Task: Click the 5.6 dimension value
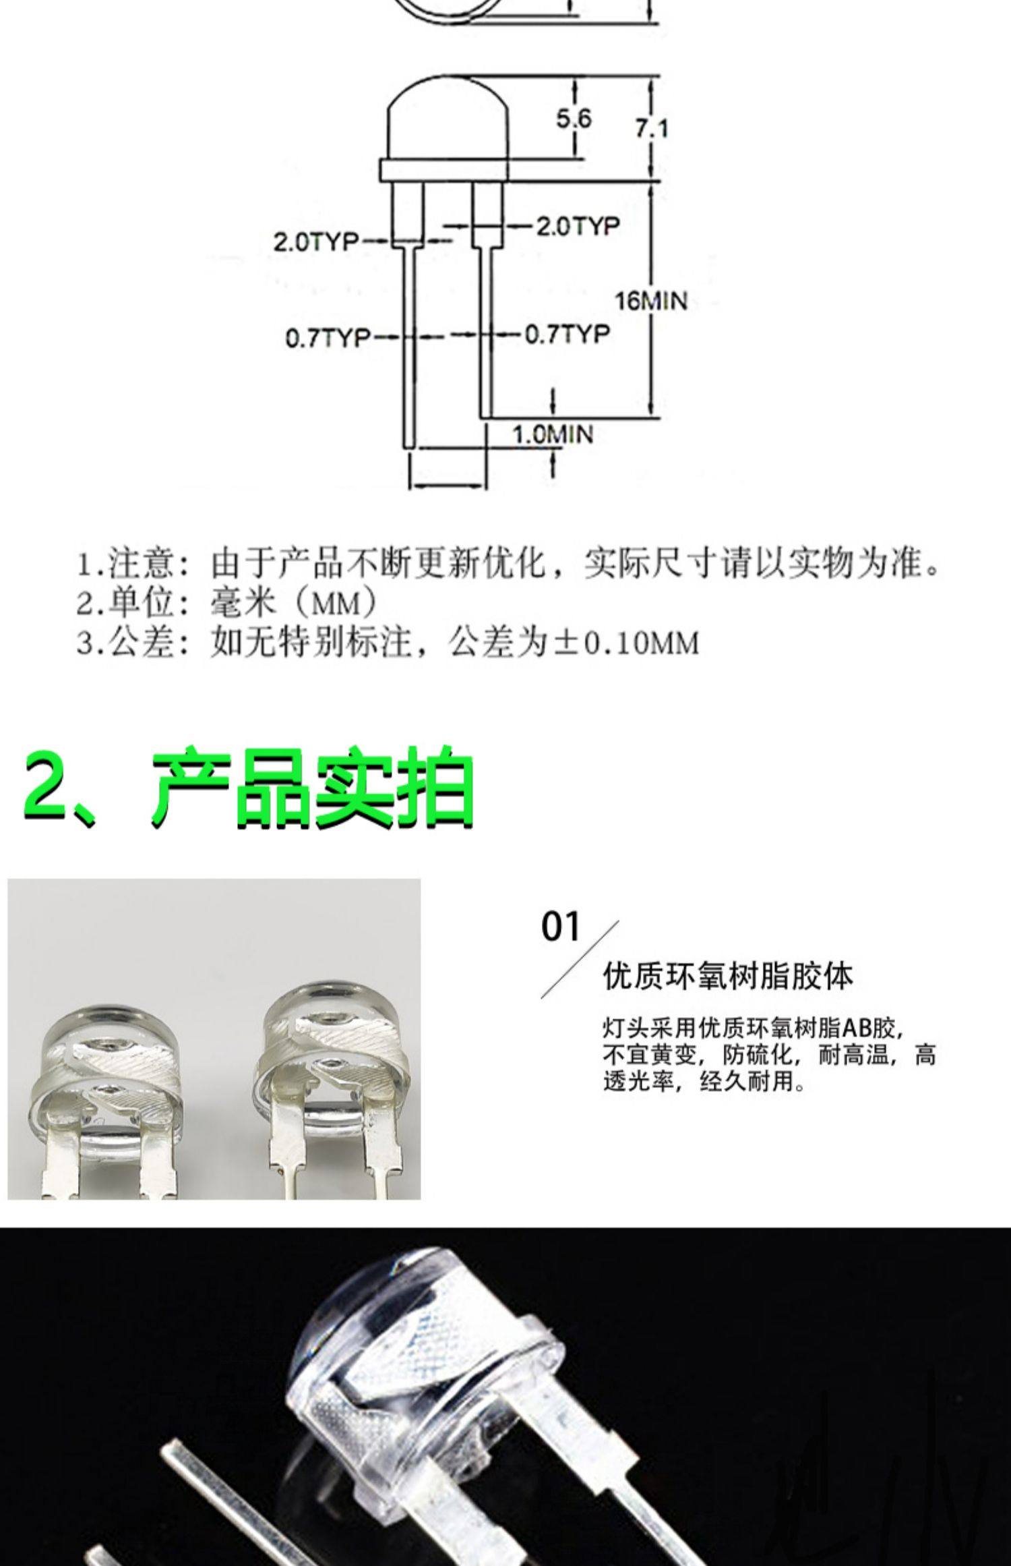(573, 119)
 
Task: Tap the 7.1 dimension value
(651, 128)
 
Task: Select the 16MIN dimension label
(650, 301)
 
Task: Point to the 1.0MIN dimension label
(553, 434)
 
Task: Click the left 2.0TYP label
(315, 241)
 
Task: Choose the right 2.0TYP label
(577, 225)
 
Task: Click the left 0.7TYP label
(328, 337)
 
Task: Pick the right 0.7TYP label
(567, 333)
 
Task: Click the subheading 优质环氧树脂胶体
(728, 975)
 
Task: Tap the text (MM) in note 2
(335, 604)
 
